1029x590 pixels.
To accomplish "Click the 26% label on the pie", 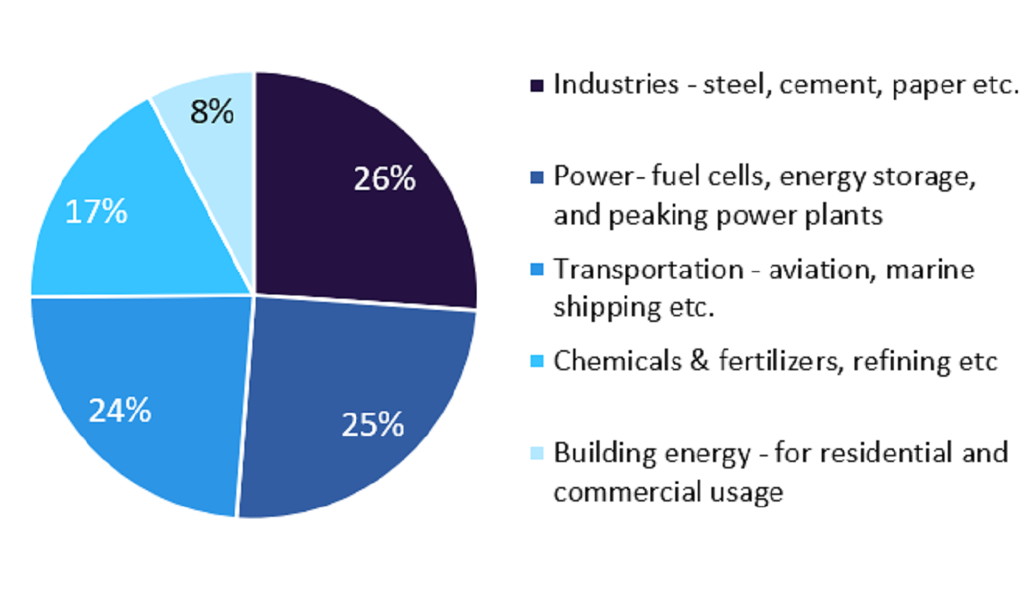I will (x=384, y=179).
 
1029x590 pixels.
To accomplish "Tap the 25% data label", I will (x=372, y=424).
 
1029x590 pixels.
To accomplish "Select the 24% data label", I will (x=120, y=411).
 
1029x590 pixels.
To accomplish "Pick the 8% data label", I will (x=212, y=113).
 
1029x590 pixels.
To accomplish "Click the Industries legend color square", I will (x=536, y=85).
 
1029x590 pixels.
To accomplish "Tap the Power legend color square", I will (x=536, y=176).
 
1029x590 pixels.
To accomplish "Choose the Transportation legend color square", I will (x=536, y=268).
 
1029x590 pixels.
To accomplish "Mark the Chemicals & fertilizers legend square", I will (x=536, y=361).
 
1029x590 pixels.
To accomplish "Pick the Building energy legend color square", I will (x=536, y=452).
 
